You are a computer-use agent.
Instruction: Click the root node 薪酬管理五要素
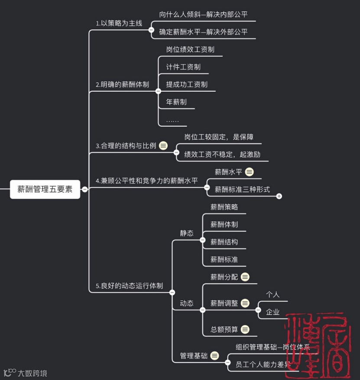tap(45, 189)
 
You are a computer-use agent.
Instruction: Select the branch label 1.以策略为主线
tap(119, 23)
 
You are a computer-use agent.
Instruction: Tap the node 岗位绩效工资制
tap(190, 49)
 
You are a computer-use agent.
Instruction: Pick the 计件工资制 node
tap(183, 67)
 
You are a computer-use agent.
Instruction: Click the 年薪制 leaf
tap(176, 102)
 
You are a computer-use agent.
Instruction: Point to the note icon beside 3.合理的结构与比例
tap(163, 146)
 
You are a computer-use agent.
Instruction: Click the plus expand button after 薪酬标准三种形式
tap(279, 196)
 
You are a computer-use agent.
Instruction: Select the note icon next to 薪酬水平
tap(250, 172)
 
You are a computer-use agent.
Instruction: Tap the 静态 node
tap(187, 233)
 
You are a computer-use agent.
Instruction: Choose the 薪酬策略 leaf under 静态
tap(224, 207)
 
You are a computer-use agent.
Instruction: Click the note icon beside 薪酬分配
tap(245, 277)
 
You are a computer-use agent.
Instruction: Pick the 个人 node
tap(272, 295)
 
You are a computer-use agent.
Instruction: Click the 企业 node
tap(272, 312)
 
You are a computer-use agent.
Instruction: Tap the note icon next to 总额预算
tap(245, 329)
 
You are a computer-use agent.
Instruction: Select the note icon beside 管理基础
tap(214, 356)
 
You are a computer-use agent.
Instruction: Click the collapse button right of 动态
tap(202, 310)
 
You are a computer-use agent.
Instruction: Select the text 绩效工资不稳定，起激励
tap(222, 155)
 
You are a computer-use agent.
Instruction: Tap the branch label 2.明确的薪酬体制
tap(122, 84)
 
